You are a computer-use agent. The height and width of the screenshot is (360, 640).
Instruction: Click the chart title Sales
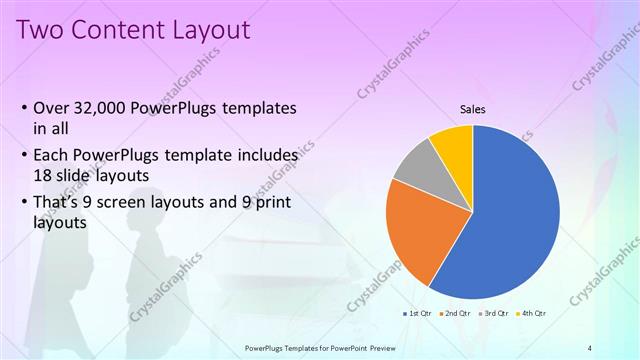point(473,109)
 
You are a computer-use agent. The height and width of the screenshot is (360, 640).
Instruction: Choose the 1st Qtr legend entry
point(419,314)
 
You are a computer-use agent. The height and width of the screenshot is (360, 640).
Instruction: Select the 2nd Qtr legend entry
point(457,314)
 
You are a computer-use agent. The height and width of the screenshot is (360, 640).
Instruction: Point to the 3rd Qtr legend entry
point(495,314)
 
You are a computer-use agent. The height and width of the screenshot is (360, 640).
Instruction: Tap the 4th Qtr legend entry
point(532,314)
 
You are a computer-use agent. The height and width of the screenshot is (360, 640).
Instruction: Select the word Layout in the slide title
point(207,30)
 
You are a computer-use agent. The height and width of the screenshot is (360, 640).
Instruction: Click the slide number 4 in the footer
point(590,347)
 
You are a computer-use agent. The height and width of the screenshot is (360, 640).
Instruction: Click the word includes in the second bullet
point(266,157)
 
